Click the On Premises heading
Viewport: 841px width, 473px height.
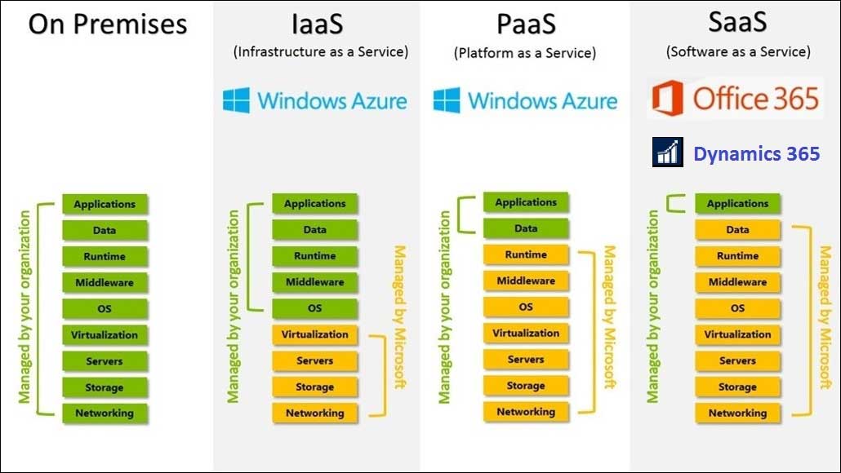click(x=108, y=24)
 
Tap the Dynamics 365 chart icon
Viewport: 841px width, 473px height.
click(x=667, y=153)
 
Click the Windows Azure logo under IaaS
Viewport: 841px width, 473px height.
click(x=315, y=101)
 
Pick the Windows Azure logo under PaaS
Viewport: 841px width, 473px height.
click(x=525, y=101)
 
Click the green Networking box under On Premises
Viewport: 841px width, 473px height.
click(x=105, y=413)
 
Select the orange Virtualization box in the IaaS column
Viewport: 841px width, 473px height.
click(x=315, y=334)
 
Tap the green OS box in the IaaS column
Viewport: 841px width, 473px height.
click(x=315, y=308)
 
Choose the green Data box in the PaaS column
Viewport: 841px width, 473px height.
click(x=526, y=228)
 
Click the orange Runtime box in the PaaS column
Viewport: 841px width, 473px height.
click(x=526, y=254)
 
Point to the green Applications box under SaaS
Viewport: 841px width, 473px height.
click(x=737, y=204)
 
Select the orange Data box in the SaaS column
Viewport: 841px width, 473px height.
click(x=737, y=230)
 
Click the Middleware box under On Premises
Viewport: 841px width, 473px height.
click(x=105, y=283)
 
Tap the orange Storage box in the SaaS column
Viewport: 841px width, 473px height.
click(x=737, y=387)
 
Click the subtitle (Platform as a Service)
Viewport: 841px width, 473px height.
click(x=525, y=54)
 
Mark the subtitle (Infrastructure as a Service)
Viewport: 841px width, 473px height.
click(x=320, y=52)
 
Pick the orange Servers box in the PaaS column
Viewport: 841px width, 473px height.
click(x=526, y=359)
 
